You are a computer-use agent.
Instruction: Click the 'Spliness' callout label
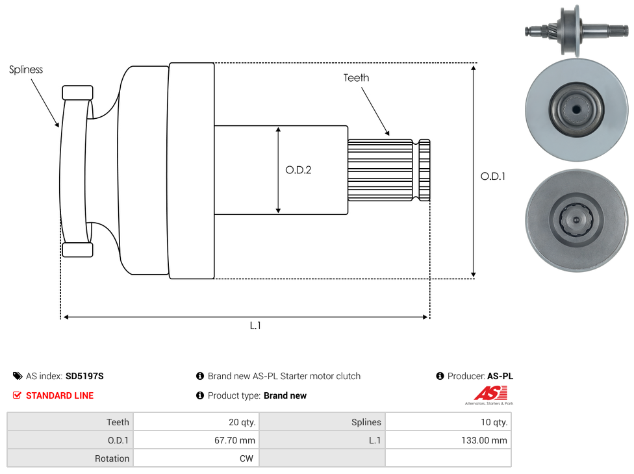26,69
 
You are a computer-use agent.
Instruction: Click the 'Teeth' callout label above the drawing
356,78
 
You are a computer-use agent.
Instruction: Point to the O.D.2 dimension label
298,170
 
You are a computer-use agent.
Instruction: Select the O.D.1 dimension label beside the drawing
492,176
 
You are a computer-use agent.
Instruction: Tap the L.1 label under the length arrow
255,325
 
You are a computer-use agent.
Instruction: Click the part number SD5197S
84,376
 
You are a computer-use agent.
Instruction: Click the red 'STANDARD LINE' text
60,395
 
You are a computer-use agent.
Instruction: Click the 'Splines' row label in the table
366,422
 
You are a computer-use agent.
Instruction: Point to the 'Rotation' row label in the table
112,458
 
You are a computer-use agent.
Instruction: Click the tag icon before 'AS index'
17,376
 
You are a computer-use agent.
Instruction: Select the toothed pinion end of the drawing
388,169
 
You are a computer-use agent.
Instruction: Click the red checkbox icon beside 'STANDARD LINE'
17,395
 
